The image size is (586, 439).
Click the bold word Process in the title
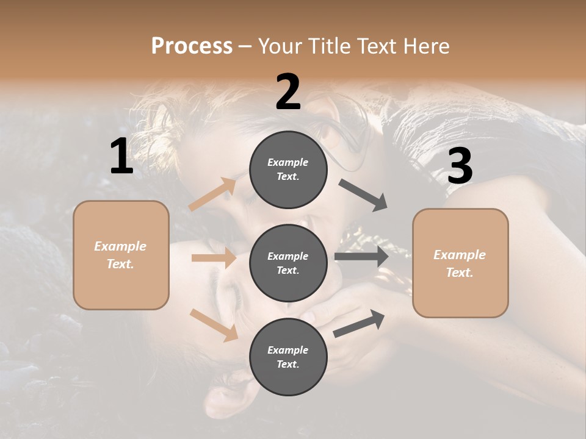pyautogui.click(x=192, y=46)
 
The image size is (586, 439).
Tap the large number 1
pyautogui.click(x=121, y=157)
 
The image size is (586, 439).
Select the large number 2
pyautogui.click(x=288, y=93)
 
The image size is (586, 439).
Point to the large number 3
pyautogui.click(x=460, y=166)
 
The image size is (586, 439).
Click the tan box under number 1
pyautogui.click(x=121, y=255)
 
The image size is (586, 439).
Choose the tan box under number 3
pyautogui.click(x=460, y=263)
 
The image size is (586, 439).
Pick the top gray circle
pyautogui.click(x=288, y=170)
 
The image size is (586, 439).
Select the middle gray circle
pyautogui.click(x=288, y=263)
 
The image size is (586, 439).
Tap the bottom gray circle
pyautogui.click(x=288, y=357)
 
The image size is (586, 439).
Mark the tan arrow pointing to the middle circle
pyautogui.click(x=214, y=258)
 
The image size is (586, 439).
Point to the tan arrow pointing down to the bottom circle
pyautogui.click(x=214, y=325)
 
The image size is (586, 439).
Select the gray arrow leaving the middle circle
pyautogui.click(x=361, y=256)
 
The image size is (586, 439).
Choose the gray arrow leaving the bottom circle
pyautogui.click(x=360, y=323)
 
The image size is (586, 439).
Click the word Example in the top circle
pyautogui.click(x=288, y=162)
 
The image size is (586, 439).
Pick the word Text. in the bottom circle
pyautogui.click(x=288, y=364)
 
